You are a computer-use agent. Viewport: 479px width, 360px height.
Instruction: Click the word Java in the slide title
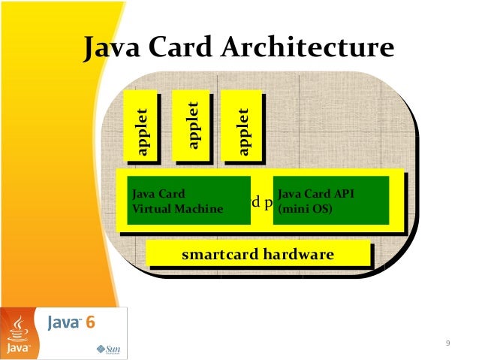pos(114,48)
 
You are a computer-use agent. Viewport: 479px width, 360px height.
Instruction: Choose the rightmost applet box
pos(243,126)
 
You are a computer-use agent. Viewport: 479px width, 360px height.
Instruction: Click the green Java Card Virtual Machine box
pos(188,201)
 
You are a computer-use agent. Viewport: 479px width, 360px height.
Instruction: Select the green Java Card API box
pos(330,201)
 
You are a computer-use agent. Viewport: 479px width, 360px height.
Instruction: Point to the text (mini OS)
pos(300,209)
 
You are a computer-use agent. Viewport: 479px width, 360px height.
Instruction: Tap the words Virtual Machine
pos(177,209)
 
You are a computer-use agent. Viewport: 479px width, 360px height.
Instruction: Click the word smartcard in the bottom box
pos(219,256)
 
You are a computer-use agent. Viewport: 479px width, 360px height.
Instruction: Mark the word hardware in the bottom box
pos(297,256)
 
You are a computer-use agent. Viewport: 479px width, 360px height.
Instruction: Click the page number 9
pos(447,343)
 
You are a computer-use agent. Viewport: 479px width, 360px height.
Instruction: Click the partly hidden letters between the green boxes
pos(261,201)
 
